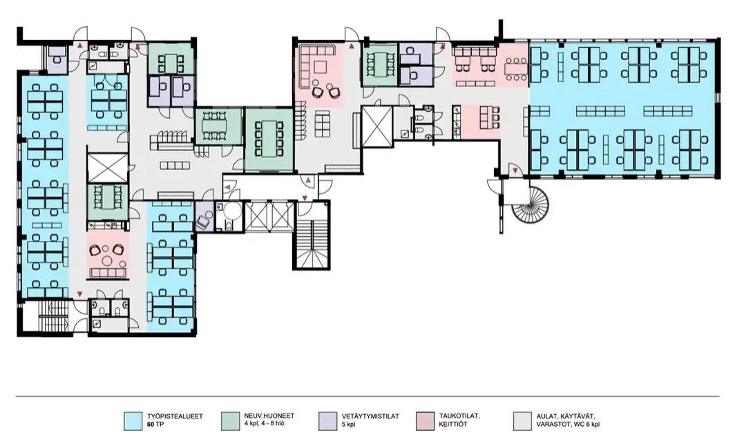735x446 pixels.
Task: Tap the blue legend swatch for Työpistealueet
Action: point(133,420)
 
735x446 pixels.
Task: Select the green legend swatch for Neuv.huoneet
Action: point(229,420)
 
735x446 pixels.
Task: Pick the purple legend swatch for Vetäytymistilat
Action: point(327,420)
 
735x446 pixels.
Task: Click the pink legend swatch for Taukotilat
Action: point(425,420)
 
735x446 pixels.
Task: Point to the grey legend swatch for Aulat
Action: point(522,420)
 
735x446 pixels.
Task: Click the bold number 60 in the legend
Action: point(151,425)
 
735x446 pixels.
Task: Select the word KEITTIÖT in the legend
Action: point(453,425)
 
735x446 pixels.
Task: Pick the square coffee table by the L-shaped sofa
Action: point(321,68)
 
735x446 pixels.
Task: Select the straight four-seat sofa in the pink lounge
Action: point(108,273)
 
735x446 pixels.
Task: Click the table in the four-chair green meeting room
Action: point(171,61)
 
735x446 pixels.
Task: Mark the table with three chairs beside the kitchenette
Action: point(487,118)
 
